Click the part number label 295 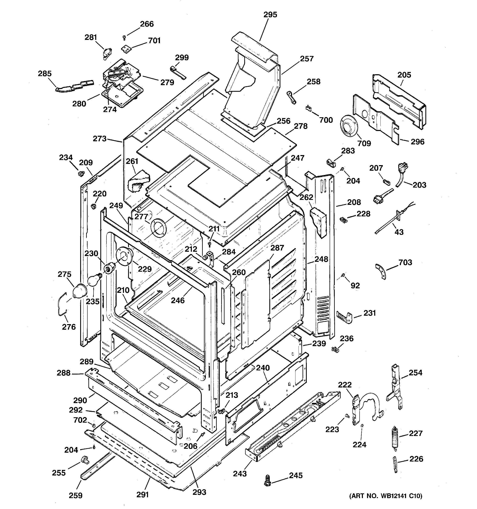(x=270, y=15)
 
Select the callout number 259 (x=75, y=495)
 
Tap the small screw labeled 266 (x=124, y=38)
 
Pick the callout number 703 (x=405, y=262)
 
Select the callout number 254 (x=415, y=372)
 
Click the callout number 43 (x=399, y=232)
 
